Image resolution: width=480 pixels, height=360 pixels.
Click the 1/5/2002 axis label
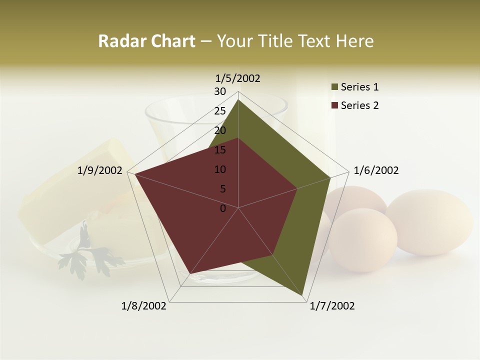(x=238, y=78)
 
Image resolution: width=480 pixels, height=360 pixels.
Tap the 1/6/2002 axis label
(x=376, y=170)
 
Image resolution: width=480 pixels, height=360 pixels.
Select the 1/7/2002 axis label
(x=332, y=306)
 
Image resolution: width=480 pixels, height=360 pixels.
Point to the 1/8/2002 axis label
(x=144, y=306)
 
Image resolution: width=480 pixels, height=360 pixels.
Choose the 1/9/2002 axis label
(x=100, y=170)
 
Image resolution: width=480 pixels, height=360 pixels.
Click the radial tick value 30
(x=220, y=91)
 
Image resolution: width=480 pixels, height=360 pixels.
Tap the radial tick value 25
(x=220, y=111)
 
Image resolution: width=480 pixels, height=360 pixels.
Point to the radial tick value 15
(x=220, y=150)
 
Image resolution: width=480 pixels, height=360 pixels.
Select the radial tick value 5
(x=222, y=189)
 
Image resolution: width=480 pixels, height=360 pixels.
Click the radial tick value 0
(x=223, y=208)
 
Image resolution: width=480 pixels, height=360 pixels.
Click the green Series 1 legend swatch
(x=334, y=87)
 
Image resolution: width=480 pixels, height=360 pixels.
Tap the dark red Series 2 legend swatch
(x=334, y=105)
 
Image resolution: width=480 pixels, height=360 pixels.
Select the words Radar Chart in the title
(x=146, y=41)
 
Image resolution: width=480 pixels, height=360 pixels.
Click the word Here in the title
(x=355, y=41)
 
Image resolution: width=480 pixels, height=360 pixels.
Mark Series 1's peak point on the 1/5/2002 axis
(x=238, y=99)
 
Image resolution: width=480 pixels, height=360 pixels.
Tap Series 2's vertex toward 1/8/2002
(x=189, y=273)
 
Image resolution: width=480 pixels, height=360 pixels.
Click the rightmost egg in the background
(x=429, y=222)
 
